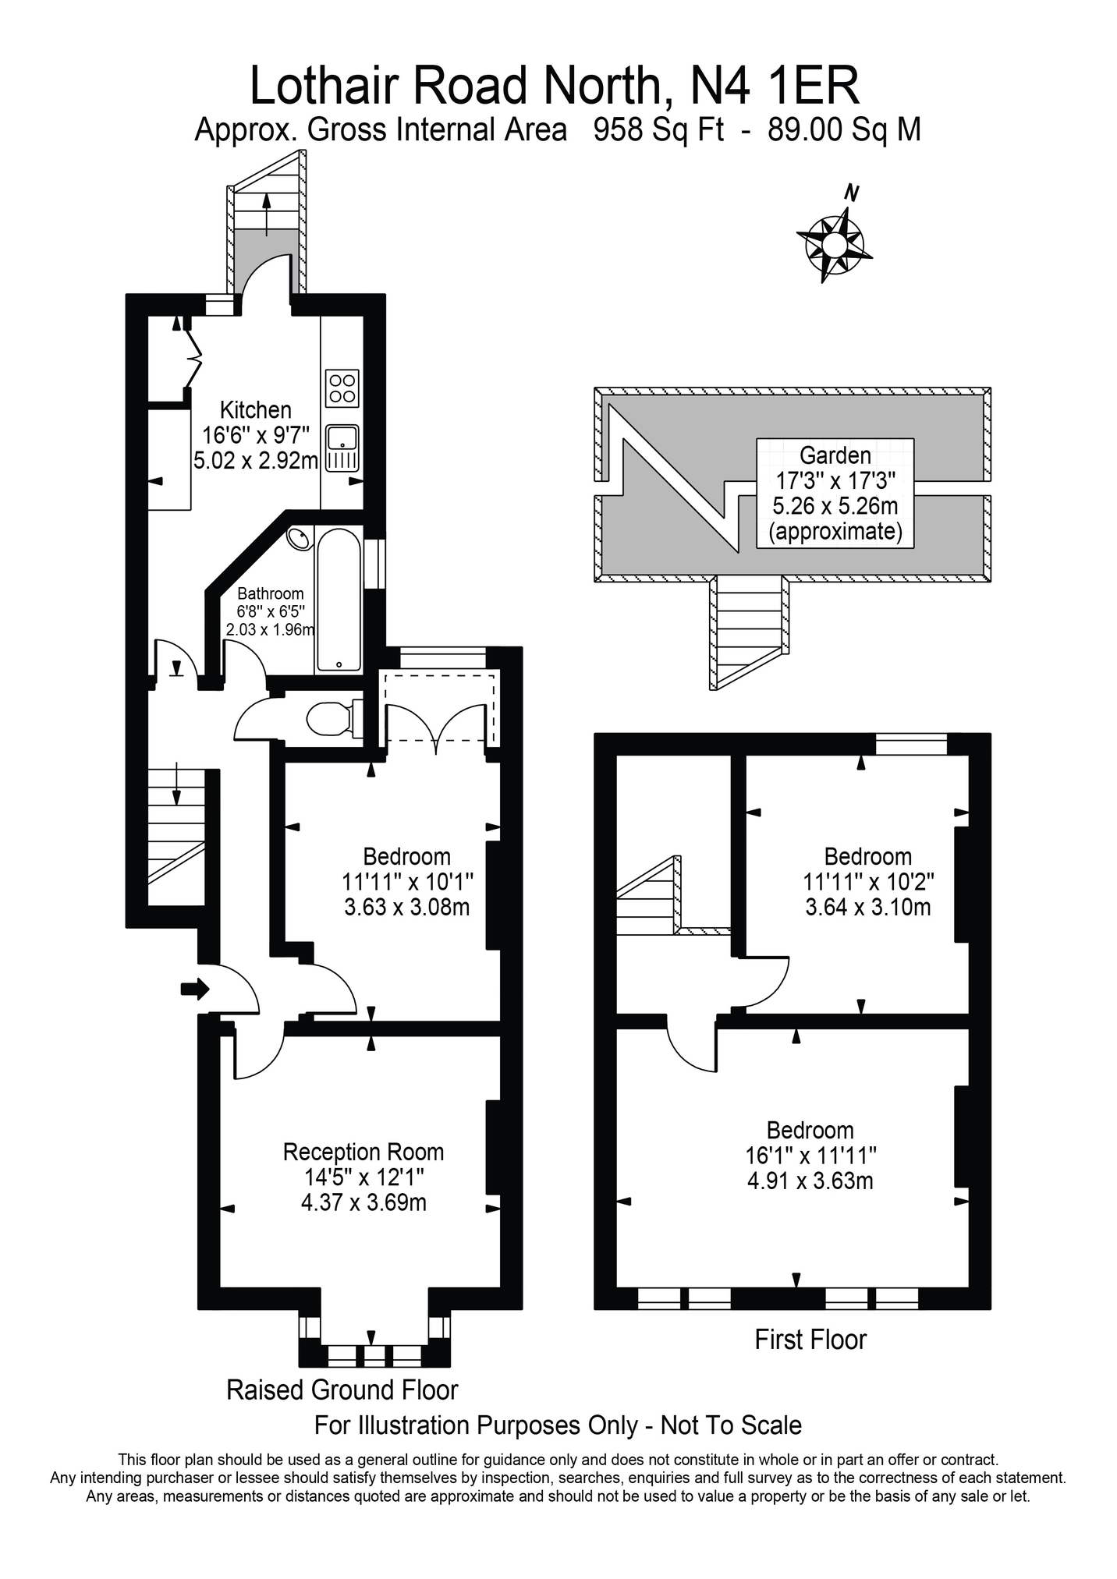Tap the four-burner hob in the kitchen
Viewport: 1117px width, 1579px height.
tap(342, 388)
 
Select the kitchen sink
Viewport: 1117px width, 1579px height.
tap(342, 448)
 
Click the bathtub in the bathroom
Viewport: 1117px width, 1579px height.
tap(339, 600)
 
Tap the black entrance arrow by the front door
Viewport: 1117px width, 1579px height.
tap(195, 990)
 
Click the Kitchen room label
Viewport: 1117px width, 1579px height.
tap(256, 409)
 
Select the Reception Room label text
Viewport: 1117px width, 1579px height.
tap(363, 1152)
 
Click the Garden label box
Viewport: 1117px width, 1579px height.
tap(835, 493)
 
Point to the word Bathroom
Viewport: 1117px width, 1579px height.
tap(271, 593)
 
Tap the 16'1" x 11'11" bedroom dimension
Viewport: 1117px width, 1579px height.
tap(810, 1155)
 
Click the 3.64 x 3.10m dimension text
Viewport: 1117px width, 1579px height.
tap(867, 907)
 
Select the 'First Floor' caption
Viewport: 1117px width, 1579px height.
tap(810, 1340)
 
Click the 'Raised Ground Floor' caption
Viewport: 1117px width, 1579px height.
tap(342, 1390)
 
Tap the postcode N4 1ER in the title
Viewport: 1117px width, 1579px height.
tap(775, 86)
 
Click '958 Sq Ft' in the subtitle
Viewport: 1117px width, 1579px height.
tap(658, 129)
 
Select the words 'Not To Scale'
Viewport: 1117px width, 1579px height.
tap(731, 1425)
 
